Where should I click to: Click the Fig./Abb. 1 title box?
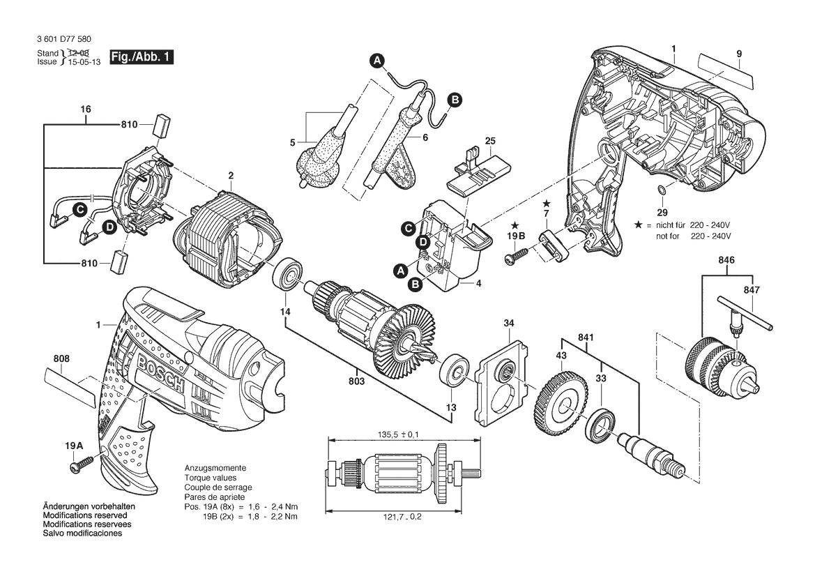142,57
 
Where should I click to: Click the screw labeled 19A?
82,464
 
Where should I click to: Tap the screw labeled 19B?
516,255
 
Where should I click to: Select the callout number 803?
356,381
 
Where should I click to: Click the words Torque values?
211,478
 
